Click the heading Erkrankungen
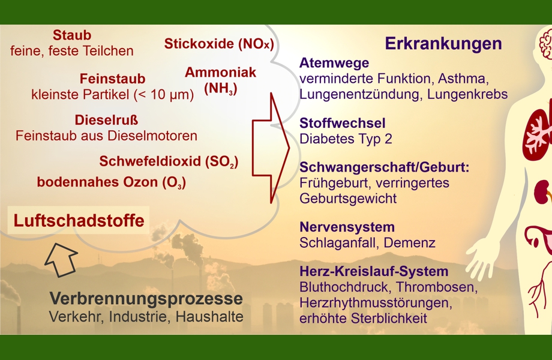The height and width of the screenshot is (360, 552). (x=443, y=44)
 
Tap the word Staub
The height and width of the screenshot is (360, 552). (x=72, y=35)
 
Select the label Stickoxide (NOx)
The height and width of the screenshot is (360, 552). (x=219, y=44)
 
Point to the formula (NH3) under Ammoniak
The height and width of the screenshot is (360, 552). (x=221, y=88)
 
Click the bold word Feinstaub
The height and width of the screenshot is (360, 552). (x=112, y=79)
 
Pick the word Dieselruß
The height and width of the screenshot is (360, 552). (x=106, y=120)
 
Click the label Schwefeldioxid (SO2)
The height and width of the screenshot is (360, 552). (x=169, y=161)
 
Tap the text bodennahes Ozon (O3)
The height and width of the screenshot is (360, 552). (x=111, y=182)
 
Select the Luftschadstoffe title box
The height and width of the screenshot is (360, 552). (x=79, y=220)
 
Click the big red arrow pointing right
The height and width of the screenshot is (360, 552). (x=271, y=148)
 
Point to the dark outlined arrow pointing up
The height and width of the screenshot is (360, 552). (x=61, y=259)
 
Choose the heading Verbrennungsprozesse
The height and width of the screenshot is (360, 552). (x=146, y=299)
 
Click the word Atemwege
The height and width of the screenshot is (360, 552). (x=334, y=62)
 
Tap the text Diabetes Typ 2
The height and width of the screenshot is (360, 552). (x=346, y=139)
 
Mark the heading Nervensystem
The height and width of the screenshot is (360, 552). (x=347, y=227)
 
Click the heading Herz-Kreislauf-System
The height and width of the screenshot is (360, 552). (x=374, y=271)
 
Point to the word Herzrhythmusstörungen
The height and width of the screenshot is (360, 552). (x=376, y=302)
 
